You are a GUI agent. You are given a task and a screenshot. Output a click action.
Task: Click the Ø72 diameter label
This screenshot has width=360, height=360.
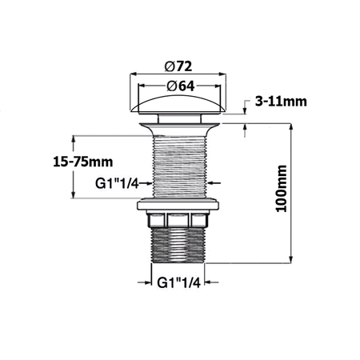coord(179,65)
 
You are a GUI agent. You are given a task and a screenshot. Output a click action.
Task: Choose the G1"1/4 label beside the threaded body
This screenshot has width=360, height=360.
coord(118,183)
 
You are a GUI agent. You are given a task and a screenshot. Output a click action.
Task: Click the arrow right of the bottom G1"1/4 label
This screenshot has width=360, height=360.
coord(210,282)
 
